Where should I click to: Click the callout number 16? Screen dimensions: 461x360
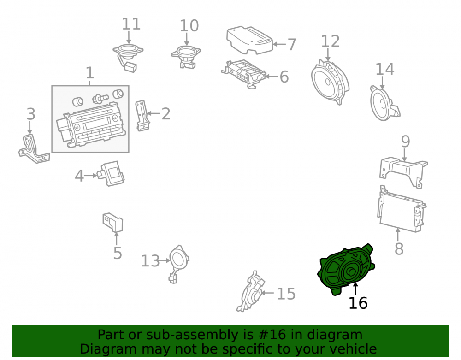pyautogui.click(x=358, y=303)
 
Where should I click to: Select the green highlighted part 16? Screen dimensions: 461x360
pyautogui.click(x=346, y=270)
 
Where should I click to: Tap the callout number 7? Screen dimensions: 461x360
pyautogui.click(x=291, y=44)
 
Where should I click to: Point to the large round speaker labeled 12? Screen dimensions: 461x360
pyautogui.click(x=330, y=82)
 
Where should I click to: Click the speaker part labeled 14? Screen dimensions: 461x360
pyautogui.click(x=384, y=103)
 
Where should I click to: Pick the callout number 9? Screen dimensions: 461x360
pyautogui.click(x=405, y=142)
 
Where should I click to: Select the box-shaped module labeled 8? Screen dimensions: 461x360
pyautogui.click(x=402, y=209)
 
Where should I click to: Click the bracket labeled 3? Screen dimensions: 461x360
pyautogui.click(x=34, y=149)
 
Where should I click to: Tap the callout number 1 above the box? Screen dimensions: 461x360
pyautogui.click(x=90, y=73)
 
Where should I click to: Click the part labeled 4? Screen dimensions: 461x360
pyautogui.click(x=111, y=173)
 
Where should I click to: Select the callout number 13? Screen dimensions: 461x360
pyautogui.click(x=150, y=261)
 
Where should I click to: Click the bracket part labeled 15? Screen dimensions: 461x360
pyautogui.click(x=251, y=291)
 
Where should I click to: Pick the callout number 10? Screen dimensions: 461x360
pyautogui.click(x=189, y=26)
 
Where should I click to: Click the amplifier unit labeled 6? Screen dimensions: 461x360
pyautogui.click(x=244, y=74)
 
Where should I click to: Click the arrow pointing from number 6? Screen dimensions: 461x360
pyautogui.click(x=272, y=77)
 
